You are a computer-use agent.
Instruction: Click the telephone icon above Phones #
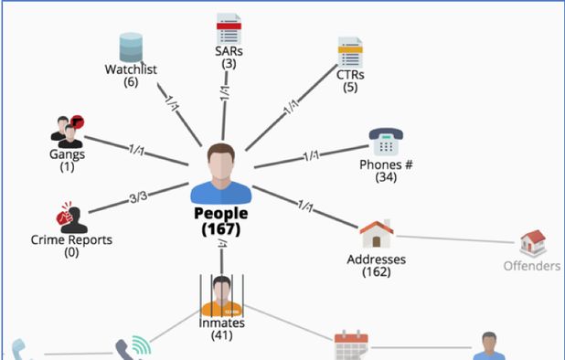coord(386,143)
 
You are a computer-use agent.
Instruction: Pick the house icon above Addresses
coord(376,236)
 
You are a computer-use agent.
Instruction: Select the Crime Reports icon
coord(71,217)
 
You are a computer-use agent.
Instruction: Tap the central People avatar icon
coord(220,174)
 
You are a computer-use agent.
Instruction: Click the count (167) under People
coord(220,229)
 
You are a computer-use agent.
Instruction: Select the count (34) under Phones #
coord(386,177)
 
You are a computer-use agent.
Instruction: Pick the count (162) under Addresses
coord(376,272)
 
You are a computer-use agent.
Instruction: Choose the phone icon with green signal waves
coord(133,350)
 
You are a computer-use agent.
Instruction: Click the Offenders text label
coord(531,267)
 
